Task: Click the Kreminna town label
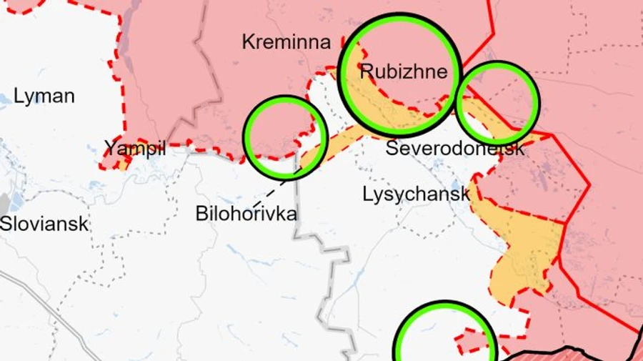click(x=286, y=41)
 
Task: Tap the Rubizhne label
click(x=404, y=71)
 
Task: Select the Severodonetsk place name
click(x=455, y=149)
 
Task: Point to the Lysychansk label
click(x=417, y=194)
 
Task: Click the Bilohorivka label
click(x=246, y=213)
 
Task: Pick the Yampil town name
click(x=135, y=149)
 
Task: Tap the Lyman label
click(x=44, y=96)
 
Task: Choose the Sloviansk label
click(x=44, y=223)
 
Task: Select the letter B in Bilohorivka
click(x=201, y=213)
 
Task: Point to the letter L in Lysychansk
click(x=367, y=194)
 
